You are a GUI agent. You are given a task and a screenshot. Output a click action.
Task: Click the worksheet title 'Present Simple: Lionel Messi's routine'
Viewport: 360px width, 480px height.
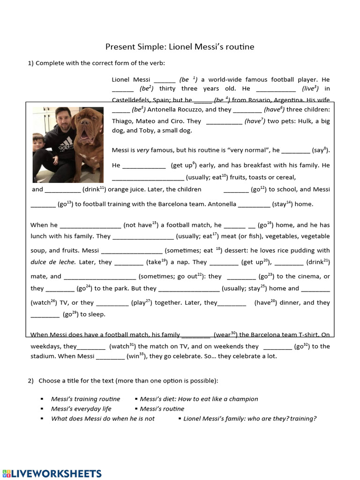coord(180,47)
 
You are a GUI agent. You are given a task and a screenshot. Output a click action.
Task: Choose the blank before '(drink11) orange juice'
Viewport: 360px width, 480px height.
coord(63,190)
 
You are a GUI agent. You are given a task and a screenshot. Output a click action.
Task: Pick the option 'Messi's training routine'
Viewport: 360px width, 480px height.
coord(85,399)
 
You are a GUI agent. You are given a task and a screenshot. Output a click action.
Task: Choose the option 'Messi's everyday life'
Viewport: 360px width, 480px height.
coord(81,409)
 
